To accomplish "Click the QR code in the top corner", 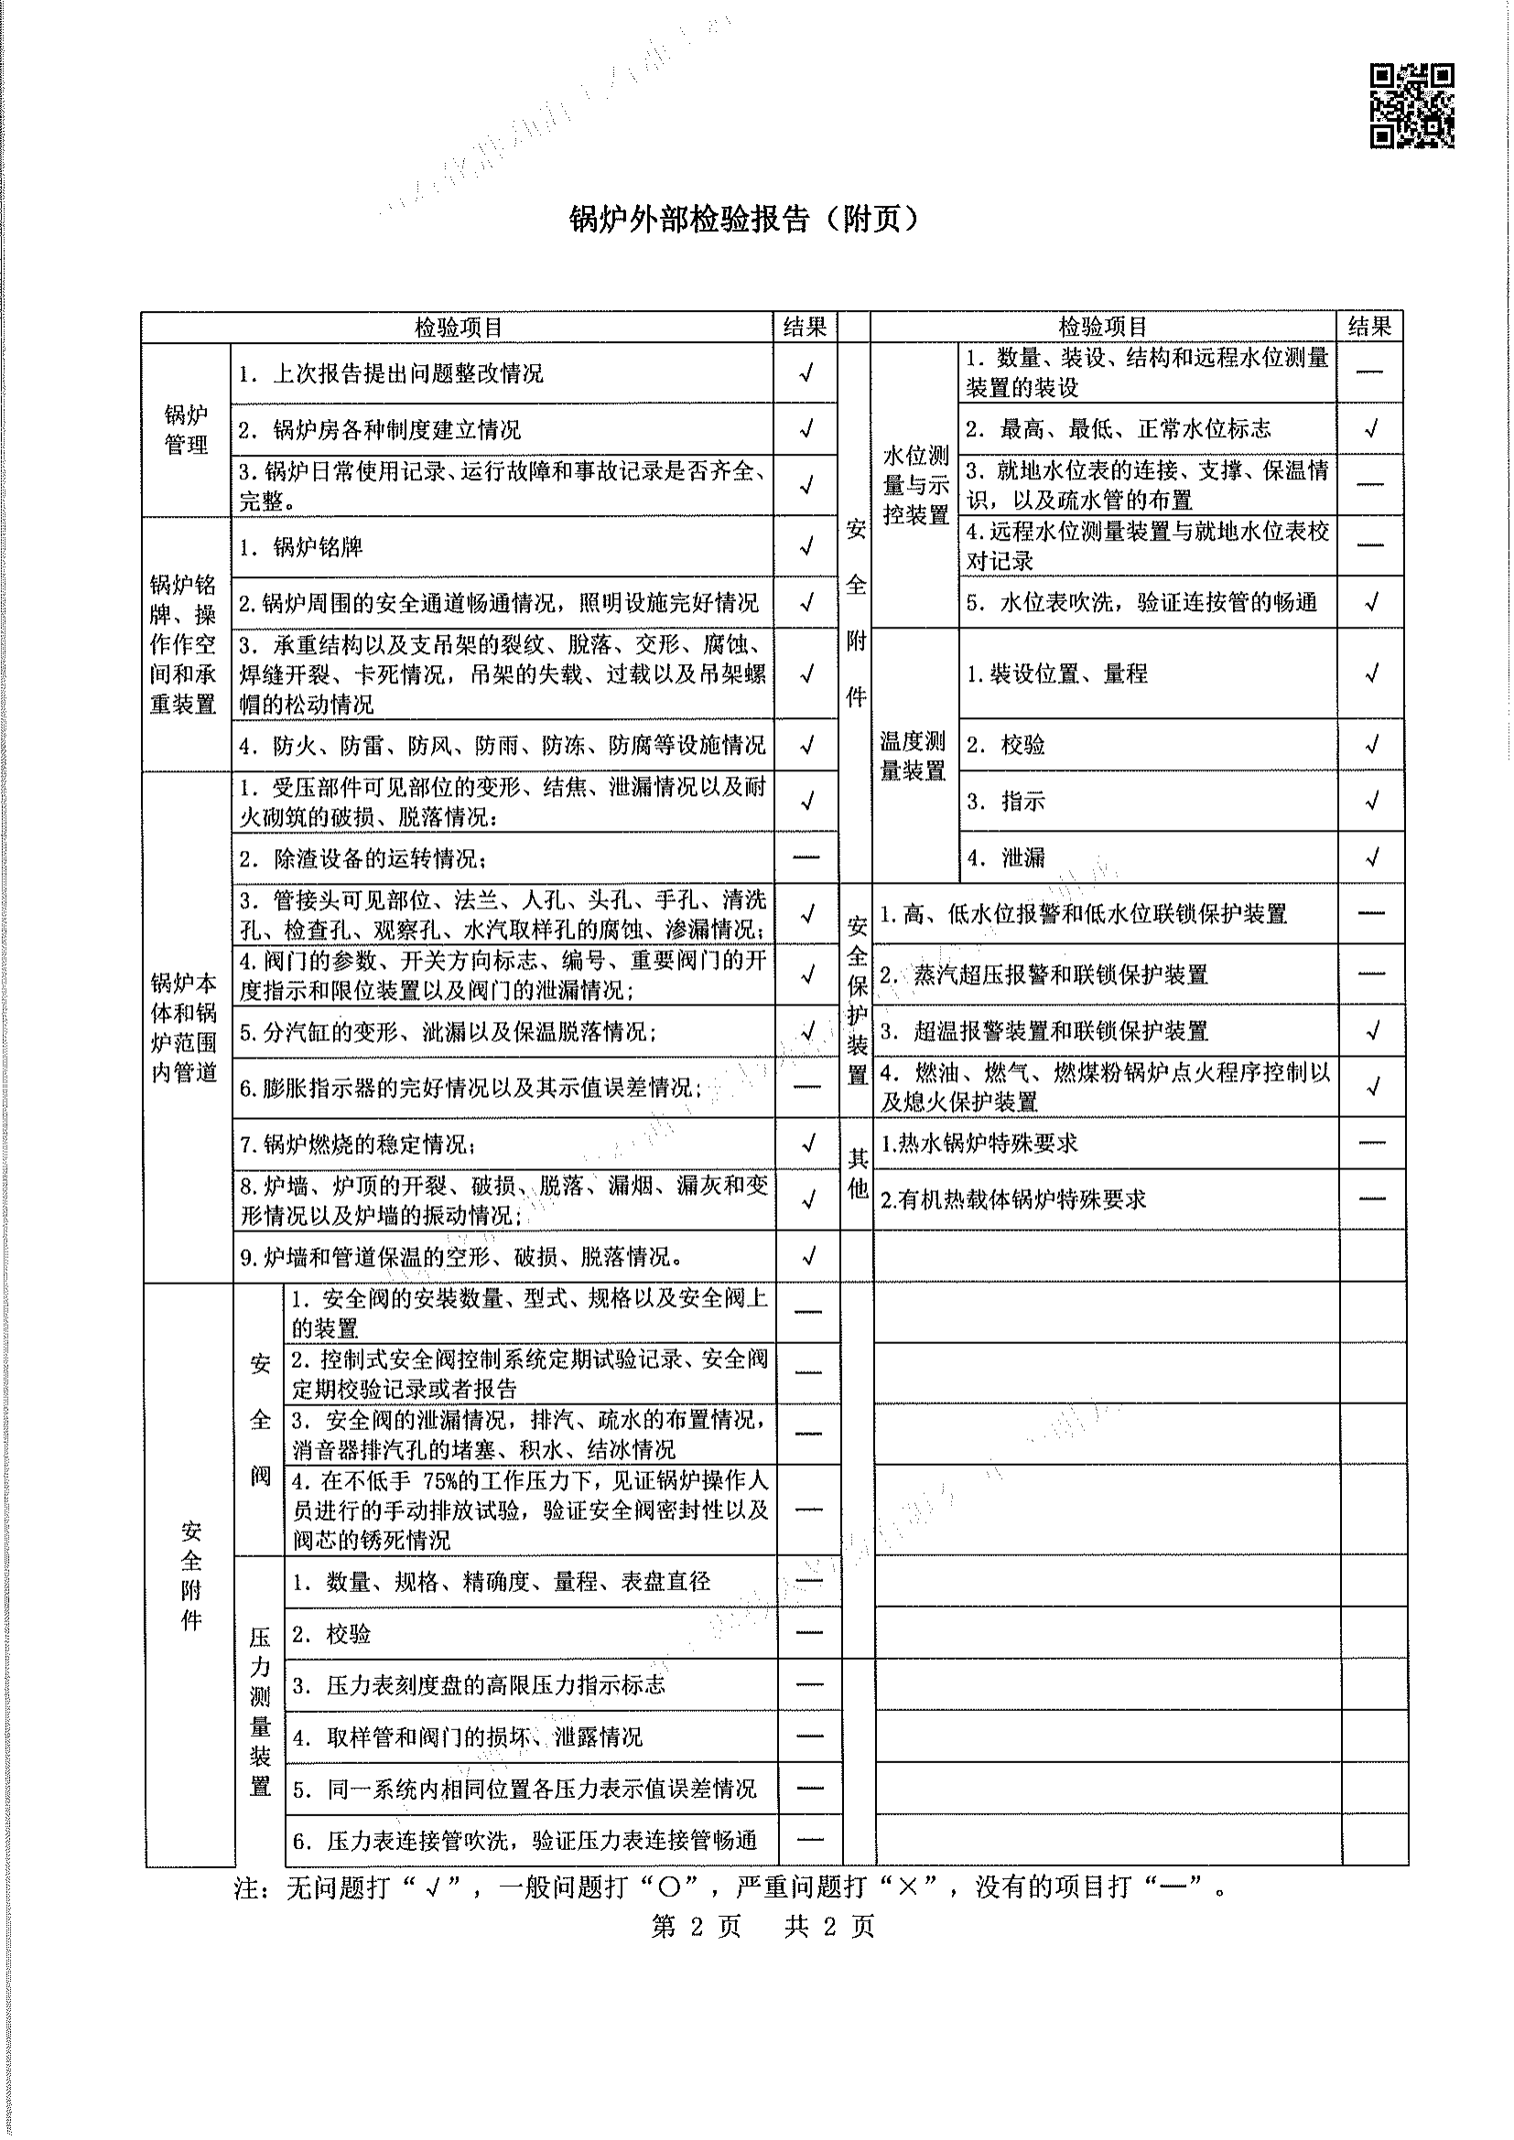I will tap(1411, 105).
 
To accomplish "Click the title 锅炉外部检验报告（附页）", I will tap(745, 219).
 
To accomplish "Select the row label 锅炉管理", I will tap(186, 430).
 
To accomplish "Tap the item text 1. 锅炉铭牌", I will tap(300, 547).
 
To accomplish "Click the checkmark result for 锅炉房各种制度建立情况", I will tap(806, 429).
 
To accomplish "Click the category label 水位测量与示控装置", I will tap(914, 485).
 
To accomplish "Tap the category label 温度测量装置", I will tap(913, 756).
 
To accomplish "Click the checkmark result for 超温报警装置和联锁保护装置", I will tap(1371, 1031).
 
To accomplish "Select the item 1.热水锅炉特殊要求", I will tap(979, 1144).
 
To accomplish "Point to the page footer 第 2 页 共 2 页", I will tap(762, 1927).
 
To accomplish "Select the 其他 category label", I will tap(858, 1173).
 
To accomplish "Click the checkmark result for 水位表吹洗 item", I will tap(1371, 602).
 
